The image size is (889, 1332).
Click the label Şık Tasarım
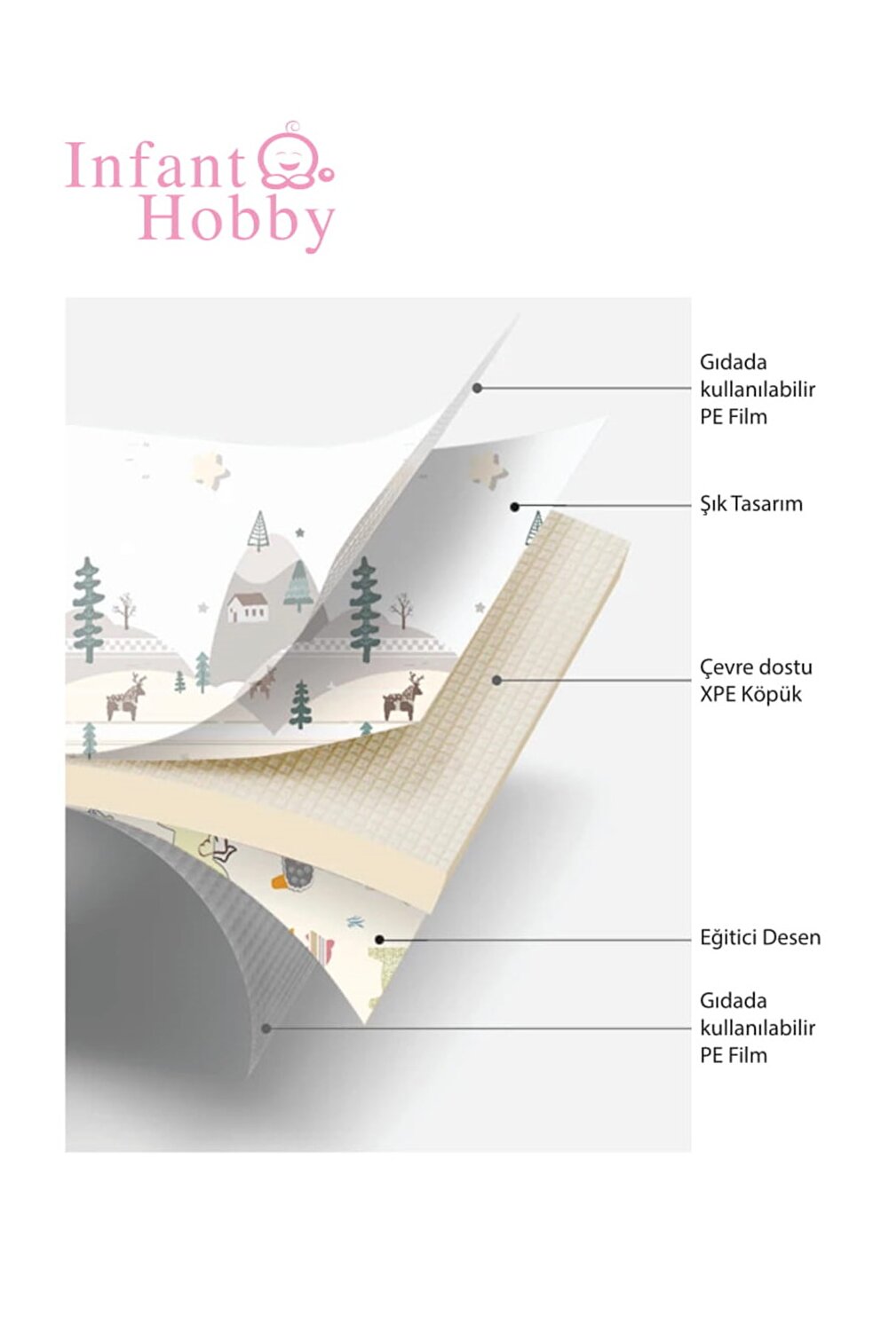point(751,504)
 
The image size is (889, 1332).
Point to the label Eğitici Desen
point(760,937)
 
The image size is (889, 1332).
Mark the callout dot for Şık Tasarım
point(515,507)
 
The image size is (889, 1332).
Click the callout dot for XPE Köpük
point(496,680)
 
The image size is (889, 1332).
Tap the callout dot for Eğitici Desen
point(379,940)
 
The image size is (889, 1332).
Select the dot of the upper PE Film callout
point(477,389)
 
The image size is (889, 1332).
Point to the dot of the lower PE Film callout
point(266,1029)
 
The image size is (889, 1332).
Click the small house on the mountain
point(247,607)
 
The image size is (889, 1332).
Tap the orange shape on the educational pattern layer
point(281,882)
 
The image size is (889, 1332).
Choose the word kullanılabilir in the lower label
point(757,1028)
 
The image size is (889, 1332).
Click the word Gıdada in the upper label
point(733,362)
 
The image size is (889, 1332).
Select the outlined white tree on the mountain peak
point(258,531)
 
